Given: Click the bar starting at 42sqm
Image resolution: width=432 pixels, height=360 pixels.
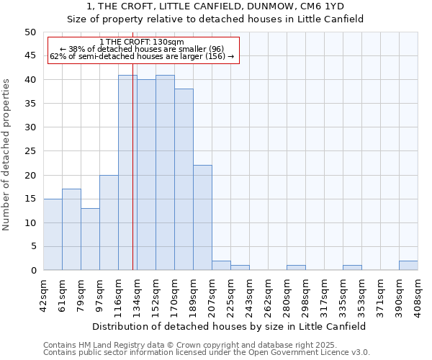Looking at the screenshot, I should coord(53,234).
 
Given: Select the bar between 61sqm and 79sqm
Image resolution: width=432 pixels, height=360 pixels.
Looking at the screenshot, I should coord(71,229).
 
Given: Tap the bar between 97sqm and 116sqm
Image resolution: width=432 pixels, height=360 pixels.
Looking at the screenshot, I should coord(109,222).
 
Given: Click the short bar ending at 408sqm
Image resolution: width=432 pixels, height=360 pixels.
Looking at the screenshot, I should coord(408,266).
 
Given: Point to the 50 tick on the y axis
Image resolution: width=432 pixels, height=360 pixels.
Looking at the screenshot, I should coord(30,32).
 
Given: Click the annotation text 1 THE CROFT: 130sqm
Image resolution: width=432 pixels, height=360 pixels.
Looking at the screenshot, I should coord(143,42).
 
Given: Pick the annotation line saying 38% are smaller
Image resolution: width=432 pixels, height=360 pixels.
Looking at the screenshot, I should coord(143,49).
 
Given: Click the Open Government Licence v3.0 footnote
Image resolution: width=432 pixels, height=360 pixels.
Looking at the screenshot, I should coord(207,352).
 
